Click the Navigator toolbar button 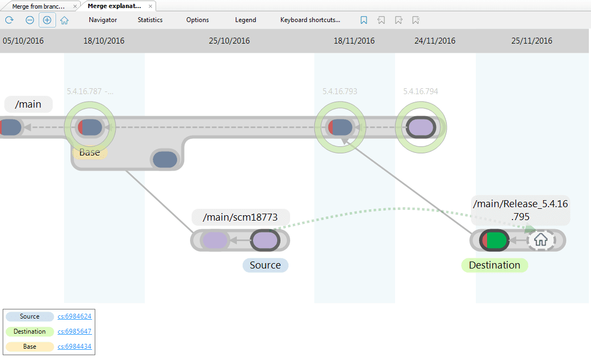[103, 20]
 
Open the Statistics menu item [150, 20]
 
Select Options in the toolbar [198, 20]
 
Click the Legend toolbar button [245, 20]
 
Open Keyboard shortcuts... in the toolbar [310, 20]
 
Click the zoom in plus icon [47, 20]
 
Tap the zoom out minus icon [30, 20]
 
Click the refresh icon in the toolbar [9, 20]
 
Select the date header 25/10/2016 [229, 41]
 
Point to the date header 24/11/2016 [435, 41]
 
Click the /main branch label [28, 104]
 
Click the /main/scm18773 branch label [240, 217]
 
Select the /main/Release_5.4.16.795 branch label [520, 210]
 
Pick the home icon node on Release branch [540, 240]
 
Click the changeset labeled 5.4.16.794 [421, 128]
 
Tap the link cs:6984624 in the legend [74, 316]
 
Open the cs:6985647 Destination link [74, 331]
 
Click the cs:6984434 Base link [74, 347]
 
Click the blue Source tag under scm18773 [265, 265]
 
